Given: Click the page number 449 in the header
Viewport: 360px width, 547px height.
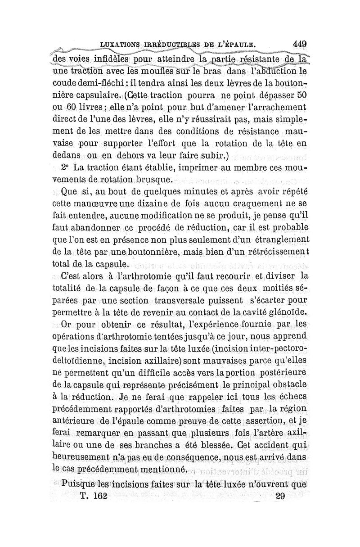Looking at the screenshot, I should (299, 45).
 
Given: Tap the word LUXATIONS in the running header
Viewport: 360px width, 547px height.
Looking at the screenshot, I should (121, 45).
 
